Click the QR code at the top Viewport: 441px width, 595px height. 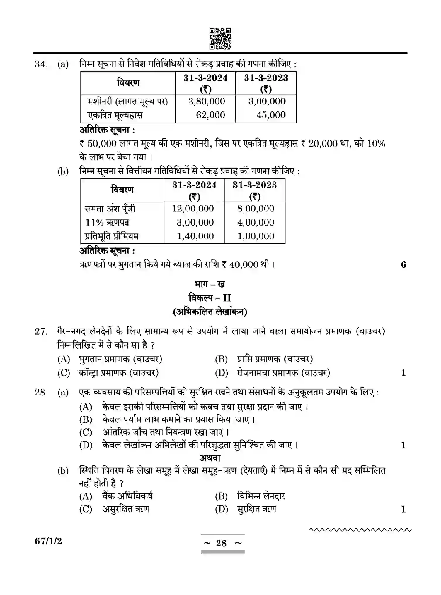(220, 38)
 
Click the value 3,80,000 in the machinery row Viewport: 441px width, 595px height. (207, 101)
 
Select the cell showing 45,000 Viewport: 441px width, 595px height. (271, 115)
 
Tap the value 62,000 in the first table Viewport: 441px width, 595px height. (210, 115)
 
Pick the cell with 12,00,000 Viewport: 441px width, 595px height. (193, 209)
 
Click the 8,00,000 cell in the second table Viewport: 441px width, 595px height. (256, 209)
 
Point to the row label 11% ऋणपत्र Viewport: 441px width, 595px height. (107, 222)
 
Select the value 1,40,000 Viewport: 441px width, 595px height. (195, 236)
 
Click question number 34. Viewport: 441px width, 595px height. (41, 64)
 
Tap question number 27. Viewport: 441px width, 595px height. (41, 331)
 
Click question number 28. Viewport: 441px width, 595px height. (41, 392)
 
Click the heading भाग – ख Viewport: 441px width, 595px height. (210, 284)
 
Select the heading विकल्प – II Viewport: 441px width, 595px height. (210, 298)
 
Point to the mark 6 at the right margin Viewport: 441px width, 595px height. (403, 265)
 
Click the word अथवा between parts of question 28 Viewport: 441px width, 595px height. (210, 458)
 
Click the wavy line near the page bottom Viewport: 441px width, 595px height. (360, 529)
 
